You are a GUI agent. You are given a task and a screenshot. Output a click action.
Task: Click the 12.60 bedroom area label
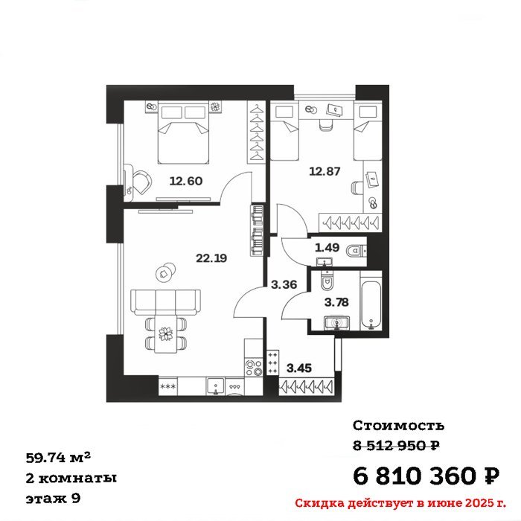click(x=186, y=181)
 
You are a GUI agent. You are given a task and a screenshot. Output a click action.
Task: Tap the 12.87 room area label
click(x=325, y=171)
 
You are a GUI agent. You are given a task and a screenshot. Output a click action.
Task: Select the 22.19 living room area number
click(x=211, y=258)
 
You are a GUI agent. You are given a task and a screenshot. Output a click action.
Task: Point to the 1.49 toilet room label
click(x=327, y=248)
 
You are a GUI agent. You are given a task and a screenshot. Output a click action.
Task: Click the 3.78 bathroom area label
click(x=336, y=302)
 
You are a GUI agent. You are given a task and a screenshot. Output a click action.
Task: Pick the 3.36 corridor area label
click(x=284, y=285)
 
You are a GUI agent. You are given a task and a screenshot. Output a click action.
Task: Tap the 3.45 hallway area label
click(x=299, y=368)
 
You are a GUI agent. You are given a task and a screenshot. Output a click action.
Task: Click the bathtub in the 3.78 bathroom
click(x=371, y=301)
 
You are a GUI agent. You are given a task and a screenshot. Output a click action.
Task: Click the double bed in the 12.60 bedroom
click(x=183, y=133)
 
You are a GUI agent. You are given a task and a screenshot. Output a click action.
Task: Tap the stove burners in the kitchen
click(x=253, y=368)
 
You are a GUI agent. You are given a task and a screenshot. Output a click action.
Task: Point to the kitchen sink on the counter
click(x=216, y=386)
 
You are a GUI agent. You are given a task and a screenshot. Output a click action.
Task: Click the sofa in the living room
click(x=165, y=301)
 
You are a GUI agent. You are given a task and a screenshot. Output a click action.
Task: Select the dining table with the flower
click(x=165, y=333)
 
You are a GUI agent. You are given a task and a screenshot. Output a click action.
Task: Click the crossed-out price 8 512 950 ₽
click(x=397, y=445)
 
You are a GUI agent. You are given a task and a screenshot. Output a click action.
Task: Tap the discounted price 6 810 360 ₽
click(x=426, y=476)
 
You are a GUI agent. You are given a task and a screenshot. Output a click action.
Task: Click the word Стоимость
click(x=398, y=425)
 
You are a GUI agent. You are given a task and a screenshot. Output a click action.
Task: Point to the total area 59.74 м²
click(x=58, y=458)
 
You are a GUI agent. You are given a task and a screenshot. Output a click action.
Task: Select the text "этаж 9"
click(x=53, y=499)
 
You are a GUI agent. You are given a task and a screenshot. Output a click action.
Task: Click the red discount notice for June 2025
click(x=400, y=503)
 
